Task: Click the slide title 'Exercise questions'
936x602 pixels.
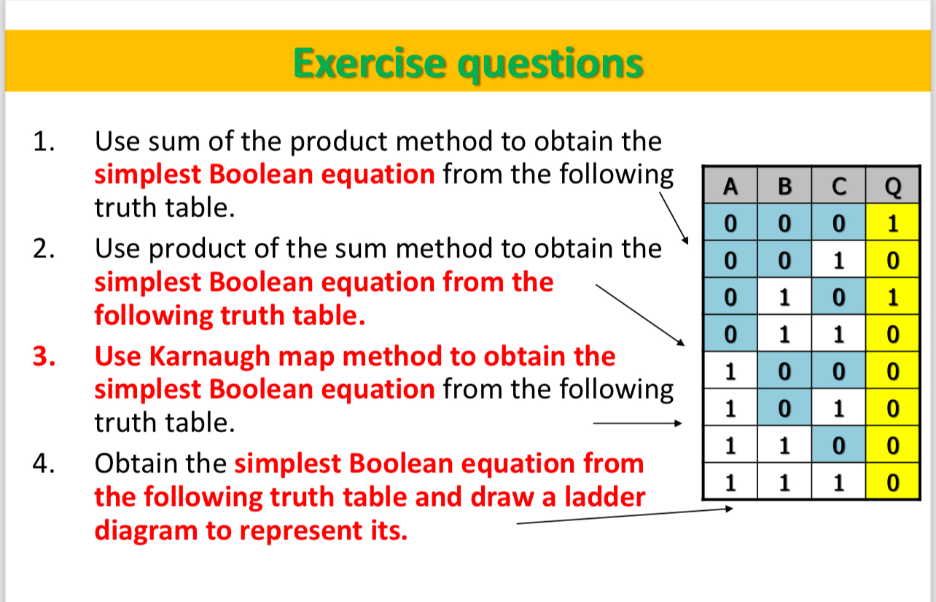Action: click(x=468, y=63)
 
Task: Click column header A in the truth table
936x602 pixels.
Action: click(x=730, y=187)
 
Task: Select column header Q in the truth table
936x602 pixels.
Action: click(x=893, y=187)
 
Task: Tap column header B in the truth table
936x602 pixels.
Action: click(x=784, y=187)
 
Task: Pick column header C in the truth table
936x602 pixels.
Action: click(x=839, y=187)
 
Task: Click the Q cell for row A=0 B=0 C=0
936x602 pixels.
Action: click(x=893, y=224)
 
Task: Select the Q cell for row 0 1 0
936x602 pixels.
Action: click(x=893, y=297)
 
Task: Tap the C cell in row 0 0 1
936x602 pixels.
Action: click(x=839, y=260)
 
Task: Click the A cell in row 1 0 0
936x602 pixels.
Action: click(x=730, y=371)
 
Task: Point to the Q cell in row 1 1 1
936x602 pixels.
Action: click(x=893, y=481)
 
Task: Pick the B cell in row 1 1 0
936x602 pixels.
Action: click(x=784, y=445)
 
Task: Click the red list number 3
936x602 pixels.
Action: click(x=43, y=356)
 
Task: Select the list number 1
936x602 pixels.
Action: click(x=43, y=141)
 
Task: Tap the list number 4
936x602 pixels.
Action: click(x=43, y=464)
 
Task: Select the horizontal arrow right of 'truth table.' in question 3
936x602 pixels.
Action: click(x=636, y=423)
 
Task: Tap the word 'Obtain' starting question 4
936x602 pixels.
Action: click(x=139, y=464)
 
